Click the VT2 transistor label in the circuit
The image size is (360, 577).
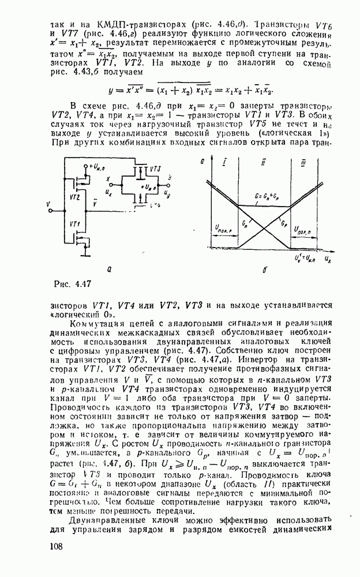(74, 197)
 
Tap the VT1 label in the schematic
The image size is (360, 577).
(74, 224)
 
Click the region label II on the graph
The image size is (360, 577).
(262, 164)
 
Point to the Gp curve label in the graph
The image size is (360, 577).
(284, 220)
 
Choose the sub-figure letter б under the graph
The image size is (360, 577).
(263, 269)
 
